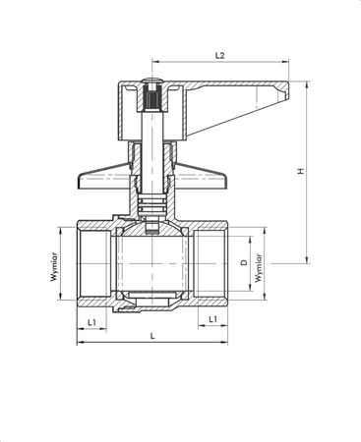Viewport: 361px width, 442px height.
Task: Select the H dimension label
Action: click(302, 172)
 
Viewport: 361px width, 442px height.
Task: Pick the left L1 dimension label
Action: click(90, 321)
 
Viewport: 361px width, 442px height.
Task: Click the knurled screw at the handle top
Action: click(151, 97)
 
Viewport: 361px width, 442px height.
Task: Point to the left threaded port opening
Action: click(90, 263)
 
